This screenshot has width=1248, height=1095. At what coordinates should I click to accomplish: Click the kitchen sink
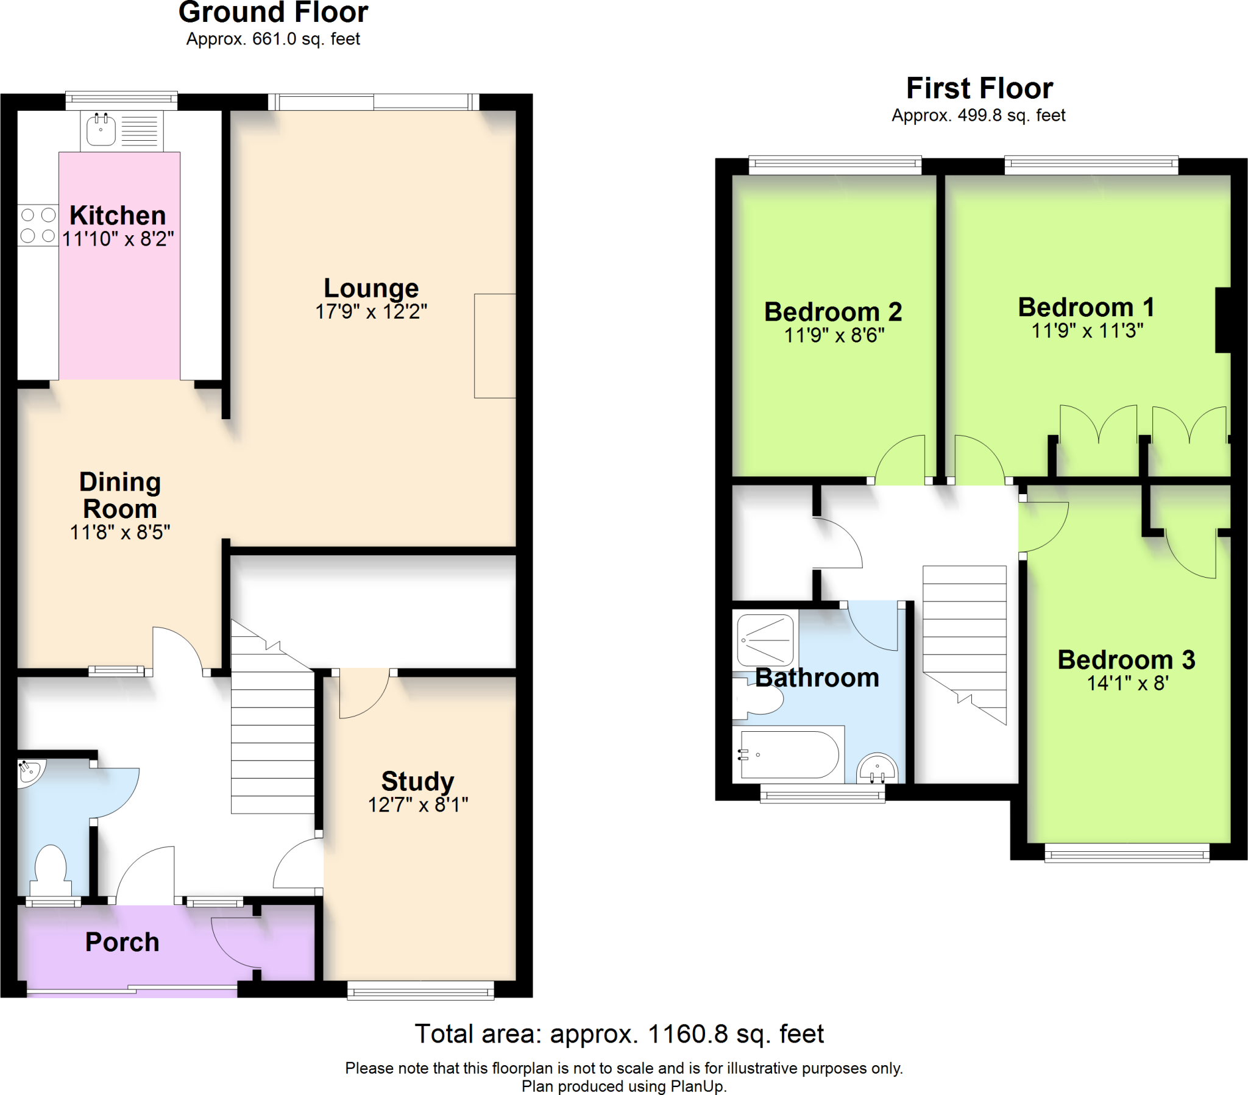click(x=101, y=130)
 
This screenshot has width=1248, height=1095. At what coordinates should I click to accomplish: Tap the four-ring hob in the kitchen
click(x=38, y=225)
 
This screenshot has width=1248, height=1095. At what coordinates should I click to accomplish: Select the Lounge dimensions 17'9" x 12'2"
click(x=371, y=311)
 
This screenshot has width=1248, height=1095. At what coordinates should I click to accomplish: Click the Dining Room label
click(x=120, y=495)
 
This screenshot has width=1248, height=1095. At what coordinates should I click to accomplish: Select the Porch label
click(x=122, y=942)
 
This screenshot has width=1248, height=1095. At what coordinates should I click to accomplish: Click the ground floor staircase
click(x=272, y=718)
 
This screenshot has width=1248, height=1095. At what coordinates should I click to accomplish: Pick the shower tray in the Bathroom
click(x=765, y=639)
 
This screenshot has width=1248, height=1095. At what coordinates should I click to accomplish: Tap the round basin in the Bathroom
click(x=877, y=768)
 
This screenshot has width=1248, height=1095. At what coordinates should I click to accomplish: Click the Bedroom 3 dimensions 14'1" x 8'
click(x=1127, y=682)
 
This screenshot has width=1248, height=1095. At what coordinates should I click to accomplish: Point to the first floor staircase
click(x=964, y=645)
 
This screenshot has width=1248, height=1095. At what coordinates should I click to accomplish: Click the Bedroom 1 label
click(x=1086, y=307)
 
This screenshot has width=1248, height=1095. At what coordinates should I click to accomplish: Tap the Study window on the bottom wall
click(x=420, y=991)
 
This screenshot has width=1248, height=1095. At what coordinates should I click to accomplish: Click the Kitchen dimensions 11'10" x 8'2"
click(x=118, y=239)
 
